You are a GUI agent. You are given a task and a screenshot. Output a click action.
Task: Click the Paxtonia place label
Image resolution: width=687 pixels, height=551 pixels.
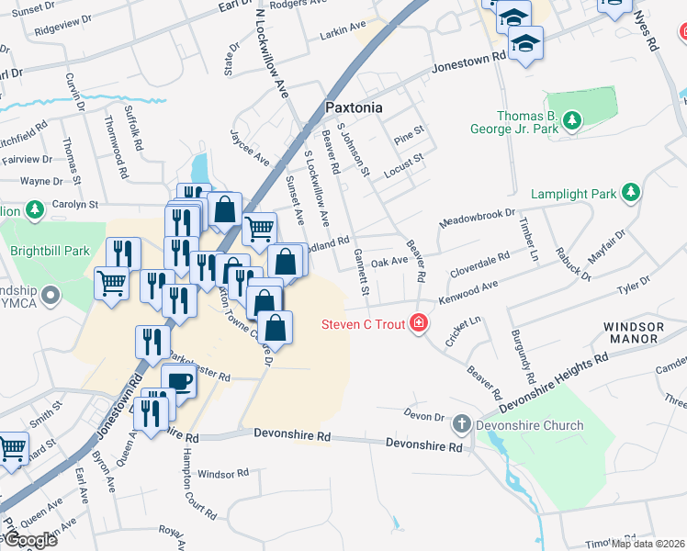pyautogui.click(x=354, y=107)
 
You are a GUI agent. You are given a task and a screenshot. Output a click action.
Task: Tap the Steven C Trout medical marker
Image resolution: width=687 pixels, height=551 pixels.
pyautogui.click(x=420, y=323)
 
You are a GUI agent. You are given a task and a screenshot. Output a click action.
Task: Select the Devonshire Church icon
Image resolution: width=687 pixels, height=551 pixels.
pyautogui.click(x=461, y=425)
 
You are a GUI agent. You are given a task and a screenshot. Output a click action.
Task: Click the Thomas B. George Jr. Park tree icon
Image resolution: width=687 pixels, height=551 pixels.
pyautogui.click(x=572, y=120)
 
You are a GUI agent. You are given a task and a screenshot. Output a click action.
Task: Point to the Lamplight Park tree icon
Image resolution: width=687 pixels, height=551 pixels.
pyautogui.click(x=631, y=192)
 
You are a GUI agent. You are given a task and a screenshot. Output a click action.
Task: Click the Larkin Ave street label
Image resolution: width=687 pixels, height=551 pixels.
pyautogui.click(x=343, y=34)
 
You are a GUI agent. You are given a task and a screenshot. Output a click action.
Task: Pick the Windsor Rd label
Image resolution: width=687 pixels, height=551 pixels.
pyautogui.click(x=223, y=474)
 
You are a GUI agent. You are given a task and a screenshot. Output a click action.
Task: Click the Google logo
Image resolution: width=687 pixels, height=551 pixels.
pyautogui.click(x=29, y=540)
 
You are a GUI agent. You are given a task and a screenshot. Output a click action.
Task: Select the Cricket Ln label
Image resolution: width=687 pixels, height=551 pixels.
pyautogui.click(x=463, y=331)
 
